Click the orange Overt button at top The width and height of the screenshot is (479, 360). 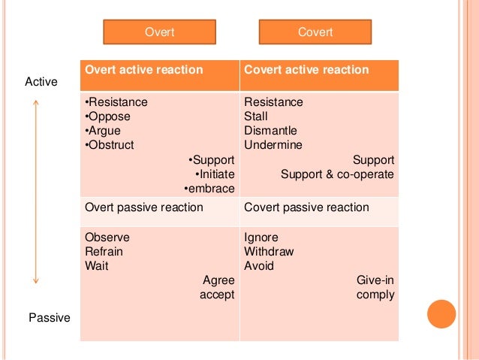tap(158, 32)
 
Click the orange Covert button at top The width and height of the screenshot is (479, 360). tap(315, 32)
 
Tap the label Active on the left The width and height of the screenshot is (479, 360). tap(42, 81)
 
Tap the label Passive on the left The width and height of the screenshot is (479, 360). tap(49, 318)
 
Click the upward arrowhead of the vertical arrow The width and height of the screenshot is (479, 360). tap(35, 104)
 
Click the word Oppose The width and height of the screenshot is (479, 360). tap(108, 116)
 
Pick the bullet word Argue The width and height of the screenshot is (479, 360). tap(104, 131)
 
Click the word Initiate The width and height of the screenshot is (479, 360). tap(214, 174)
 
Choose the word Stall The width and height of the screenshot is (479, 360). tap(255, 116)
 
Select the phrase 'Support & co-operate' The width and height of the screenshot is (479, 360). tap(337, 174)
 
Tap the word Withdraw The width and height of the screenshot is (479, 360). tap(269, 252)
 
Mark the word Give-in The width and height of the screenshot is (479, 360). tap(375, 280)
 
